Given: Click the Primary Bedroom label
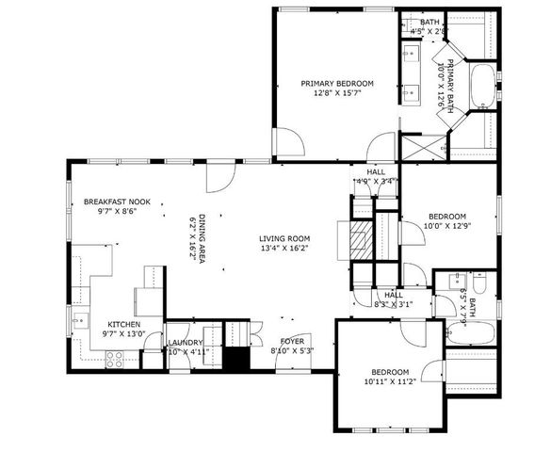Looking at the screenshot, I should click(x=337, y=83).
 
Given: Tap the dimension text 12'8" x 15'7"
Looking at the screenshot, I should click(x=337, y=93).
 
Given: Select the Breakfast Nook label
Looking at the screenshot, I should click(x=110, y=202).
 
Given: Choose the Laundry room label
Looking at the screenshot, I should click(x=186, y=343).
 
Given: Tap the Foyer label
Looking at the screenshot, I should click(x=291, y=341).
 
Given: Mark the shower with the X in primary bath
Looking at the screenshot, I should click(x=420, y=147).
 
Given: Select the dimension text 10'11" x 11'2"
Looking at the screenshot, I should click(x=389, y=383).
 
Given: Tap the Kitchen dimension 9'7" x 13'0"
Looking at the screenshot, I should click(x=123, y=333).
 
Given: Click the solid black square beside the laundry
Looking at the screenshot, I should click(x=235, y=360).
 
